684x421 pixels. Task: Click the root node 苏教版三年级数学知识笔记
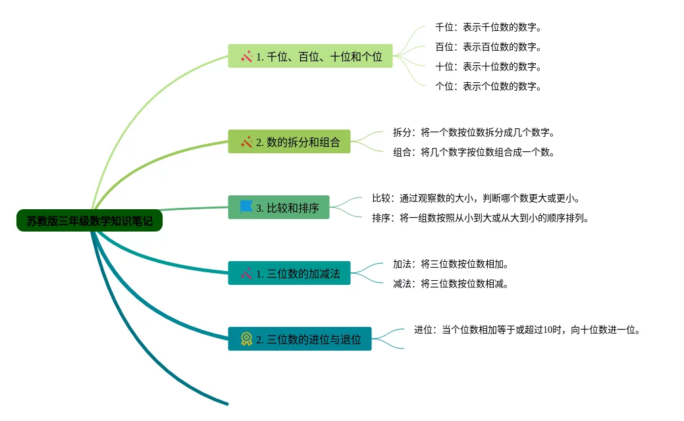click(90, 221)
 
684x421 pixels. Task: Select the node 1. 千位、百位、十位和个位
click(310, 57)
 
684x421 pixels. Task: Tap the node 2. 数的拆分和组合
click(289, 141)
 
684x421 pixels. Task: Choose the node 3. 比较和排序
click(278, 208)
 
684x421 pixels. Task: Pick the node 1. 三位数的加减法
click(289, 273)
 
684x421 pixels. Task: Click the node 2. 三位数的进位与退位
click(300, 339)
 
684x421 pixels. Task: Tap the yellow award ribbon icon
click(246, 339)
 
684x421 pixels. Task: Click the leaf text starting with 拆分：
click(474, 132)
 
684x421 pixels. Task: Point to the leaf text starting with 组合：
click(474, 152)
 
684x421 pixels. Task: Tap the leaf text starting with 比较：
click(475, 198)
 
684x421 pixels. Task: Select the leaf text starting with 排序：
click(480, 218)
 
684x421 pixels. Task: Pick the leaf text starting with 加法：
click(451, 264)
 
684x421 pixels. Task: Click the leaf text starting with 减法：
click(451, 284)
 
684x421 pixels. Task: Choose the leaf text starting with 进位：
click(527, 330)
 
